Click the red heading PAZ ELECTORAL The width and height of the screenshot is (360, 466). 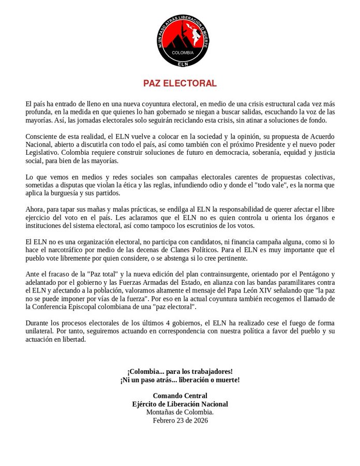[x=180, y=83]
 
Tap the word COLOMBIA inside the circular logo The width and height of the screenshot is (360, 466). [x=183, y=53]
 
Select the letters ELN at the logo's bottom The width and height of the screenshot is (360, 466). [x=183, y=64]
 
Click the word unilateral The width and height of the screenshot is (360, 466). [x=42, y=331]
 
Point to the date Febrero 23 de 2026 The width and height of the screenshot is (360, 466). [x=180, y=420]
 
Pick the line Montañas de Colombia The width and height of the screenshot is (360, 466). [x=179, y=412]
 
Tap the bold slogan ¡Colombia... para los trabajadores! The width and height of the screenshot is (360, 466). [x=180, y=371]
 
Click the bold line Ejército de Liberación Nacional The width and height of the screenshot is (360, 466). [x=179, y=404]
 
